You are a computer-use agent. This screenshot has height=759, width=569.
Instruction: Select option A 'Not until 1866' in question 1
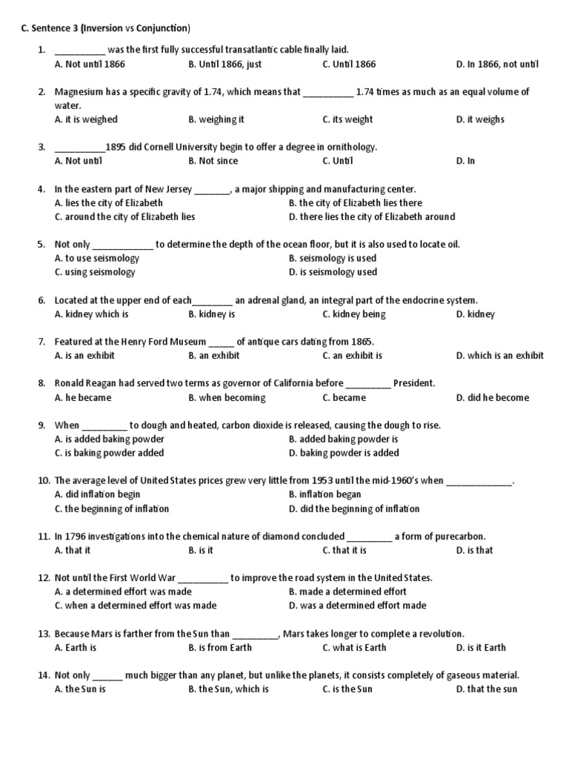point(90,64)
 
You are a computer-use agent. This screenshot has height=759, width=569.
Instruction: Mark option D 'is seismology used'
point(333,272)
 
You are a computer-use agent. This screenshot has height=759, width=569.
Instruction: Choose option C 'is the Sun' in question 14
point(347,689)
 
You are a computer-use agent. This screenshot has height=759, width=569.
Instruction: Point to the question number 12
point(43,577)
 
